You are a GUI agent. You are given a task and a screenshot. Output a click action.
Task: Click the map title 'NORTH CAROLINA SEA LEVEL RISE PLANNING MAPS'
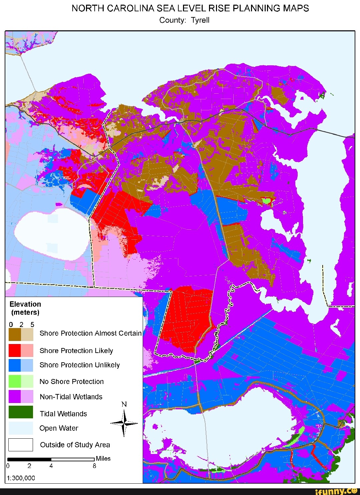(x=190, y=8)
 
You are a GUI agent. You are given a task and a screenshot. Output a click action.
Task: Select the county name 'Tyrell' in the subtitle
(x=200, y=20)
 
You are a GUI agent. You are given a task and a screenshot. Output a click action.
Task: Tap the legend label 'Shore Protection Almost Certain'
(x=90, y=333)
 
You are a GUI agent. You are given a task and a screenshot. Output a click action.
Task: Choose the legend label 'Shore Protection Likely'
(x=76, y=351)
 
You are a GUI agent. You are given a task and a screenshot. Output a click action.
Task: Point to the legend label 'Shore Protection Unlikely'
(x=79, y=365)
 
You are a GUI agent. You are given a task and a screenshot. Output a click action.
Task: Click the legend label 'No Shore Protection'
(x=71, y=382)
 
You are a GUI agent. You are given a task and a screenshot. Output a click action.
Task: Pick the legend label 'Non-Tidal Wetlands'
(x=71, y=397)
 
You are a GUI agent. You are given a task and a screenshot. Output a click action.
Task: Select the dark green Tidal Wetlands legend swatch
(x=21, y=412)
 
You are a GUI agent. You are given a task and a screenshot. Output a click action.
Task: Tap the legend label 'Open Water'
(x=59, y=428)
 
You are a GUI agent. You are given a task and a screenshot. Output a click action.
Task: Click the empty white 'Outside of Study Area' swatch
(x=21, y=445)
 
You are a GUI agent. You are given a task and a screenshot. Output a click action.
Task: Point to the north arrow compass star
(x=124, y=423)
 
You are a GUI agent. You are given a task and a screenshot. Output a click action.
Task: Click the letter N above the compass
(x=124, y=404)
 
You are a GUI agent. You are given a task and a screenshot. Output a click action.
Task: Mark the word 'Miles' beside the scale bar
(x=103, y=459)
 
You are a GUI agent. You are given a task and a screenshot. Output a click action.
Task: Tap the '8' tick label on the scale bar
(x=94, y=466)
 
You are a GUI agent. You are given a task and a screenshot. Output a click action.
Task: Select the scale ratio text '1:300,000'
(x=21, y=478)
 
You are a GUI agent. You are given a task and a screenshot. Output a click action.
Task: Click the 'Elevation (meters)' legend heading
(x=25, y=308)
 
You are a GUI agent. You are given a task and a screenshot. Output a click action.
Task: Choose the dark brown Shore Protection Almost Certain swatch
(x=15, y=334)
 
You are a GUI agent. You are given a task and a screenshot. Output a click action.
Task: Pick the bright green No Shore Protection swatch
(x=15, y=381)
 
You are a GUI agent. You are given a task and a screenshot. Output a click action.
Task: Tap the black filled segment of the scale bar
(x=29, y=460)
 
